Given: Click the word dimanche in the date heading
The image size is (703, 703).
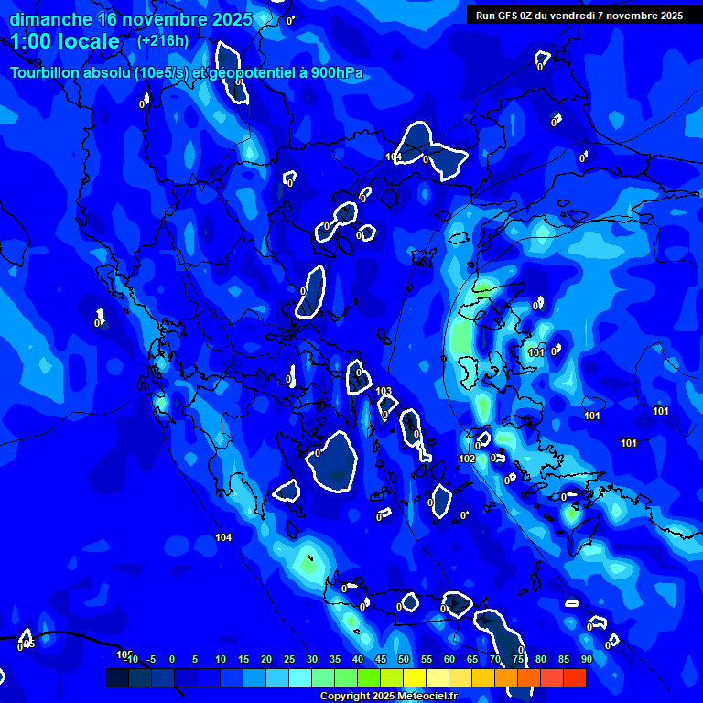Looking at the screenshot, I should [49, 19].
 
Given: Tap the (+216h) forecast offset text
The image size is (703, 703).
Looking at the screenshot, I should [163, 41].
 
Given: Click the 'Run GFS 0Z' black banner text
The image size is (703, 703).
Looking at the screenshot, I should [508, 16].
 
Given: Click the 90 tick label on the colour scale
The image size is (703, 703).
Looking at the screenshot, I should [586, 660].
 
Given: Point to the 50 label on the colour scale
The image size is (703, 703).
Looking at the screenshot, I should [403, 660].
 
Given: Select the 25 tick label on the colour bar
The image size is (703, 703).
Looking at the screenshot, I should [288, 660].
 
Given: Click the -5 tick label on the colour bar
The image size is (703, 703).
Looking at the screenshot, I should [150, 660].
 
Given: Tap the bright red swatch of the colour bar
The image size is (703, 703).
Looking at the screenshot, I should [574, 677].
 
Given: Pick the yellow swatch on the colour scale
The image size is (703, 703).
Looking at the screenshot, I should [414, 677].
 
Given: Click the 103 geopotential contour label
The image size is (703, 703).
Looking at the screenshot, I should [384, 391].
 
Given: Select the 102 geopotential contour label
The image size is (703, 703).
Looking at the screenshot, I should [467, 459].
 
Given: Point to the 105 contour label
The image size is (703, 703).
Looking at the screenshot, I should [124, 654].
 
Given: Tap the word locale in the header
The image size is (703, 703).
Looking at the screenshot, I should [92, 41].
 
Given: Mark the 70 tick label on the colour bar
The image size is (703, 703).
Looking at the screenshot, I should [494, 660].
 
